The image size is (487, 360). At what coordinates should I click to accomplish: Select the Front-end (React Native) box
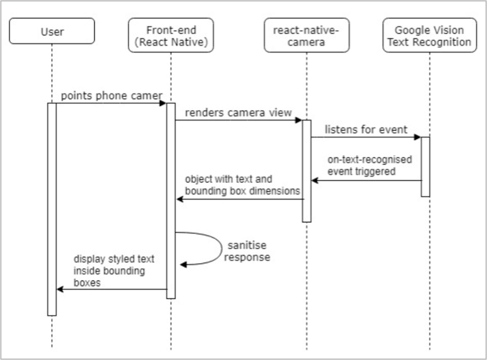[x=171, y=37]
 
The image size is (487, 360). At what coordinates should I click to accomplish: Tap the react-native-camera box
[x=306, y=37]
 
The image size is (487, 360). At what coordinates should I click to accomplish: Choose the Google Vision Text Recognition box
[x=428, y=37]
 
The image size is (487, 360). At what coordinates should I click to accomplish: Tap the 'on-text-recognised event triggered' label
[x=369, y=165]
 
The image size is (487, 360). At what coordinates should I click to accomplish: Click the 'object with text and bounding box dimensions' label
[x=241, y=184]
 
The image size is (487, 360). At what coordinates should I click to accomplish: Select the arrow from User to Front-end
[x=111, y=104]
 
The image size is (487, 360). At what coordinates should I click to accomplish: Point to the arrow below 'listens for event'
[x=365, y=137]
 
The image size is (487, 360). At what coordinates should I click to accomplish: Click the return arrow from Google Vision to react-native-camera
[x=367, y=181]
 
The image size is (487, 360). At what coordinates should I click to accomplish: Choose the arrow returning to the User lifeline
[x=111, y=289]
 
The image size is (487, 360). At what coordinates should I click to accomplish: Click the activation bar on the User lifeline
[x=52, y=208]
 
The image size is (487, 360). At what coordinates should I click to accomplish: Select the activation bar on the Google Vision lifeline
[x=425, y=166]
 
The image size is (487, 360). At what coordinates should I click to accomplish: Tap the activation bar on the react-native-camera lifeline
[x=306, y=170]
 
